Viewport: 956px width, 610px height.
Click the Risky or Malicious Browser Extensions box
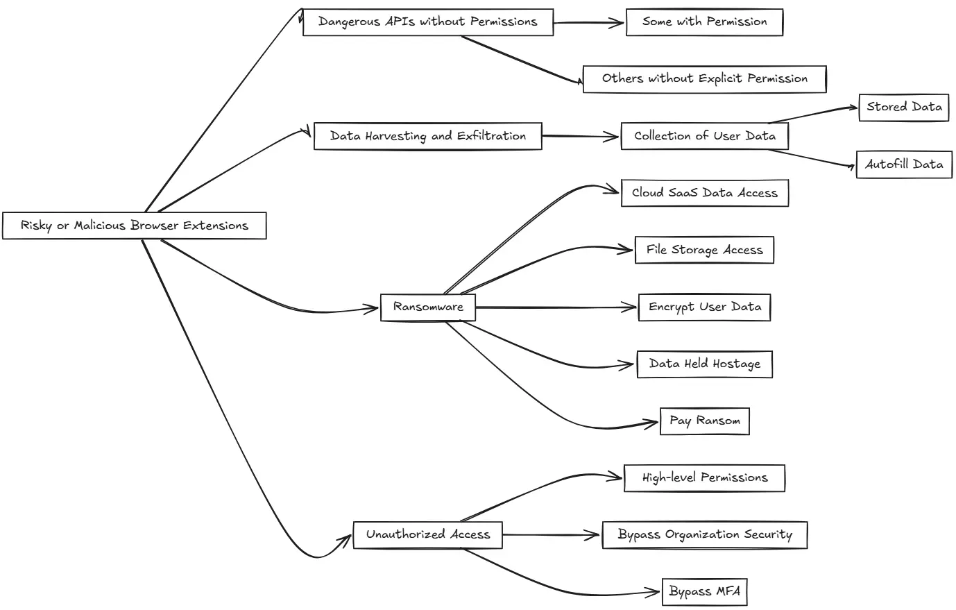tap(134, 226)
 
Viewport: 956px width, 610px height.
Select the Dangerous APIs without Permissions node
tap(427, 22)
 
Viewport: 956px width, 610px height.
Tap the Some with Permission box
tap(704, 22)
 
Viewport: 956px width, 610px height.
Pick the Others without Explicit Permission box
tap(704, 78)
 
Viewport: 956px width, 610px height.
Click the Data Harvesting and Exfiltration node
tap(427, 136)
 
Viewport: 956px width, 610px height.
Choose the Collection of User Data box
tap(704, 136)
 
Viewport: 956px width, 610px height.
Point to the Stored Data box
tap(903, 108)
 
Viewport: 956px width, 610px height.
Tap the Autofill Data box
tap(903, 164)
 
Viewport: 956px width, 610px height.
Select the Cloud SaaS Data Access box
tap(704, 193)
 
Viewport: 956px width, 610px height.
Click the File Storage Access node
tap(704, 250)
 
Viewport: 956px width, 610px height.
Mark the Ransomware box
tap(427, 307)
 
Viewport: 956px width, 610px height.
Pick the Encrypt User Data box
tap(704, 307)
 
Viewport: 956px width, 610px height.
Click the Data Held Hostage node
tap(704, 364)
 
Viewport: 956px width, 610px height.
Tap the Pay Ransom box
tap(704, 421)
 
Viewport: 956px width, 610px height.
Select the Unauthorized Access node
tap(427, 534)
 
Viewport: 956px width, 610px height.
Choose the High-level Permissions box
tap(704, 477)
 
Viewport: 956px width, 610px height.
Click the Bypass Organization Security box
tap(704, 534)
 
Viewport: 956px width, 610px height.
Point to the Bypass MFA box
tap(704, 591)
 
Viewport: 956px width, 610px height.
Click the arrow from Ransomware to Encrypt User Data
tap(555, 307)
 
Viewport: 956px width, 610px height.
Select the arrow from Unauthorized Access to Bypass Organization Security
tap(552, 535)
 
